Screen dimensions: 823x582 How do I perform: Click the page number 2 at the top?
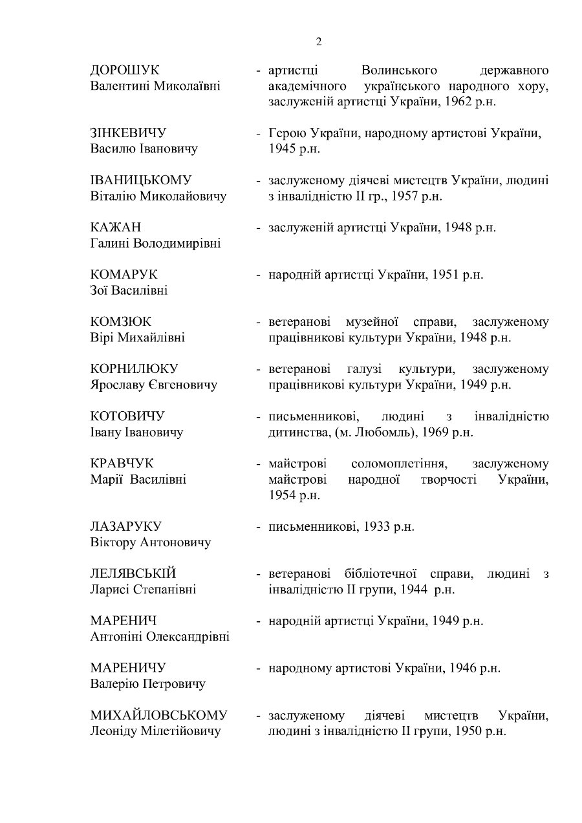(x=318, y=43)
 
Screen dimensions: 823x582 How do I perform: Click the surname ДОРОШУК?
(x=125, y=70)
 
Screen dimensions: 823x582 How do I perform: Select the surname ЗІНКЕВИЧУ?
(x=128, y=133)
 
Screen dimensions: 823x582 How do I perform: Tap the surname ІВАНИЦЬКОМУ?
(x=141, y=180)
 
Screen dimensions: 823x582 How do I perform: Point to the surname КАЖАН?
(x=116, y=228)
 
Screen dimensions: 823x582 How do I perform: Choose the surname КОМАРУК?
(x=124, y=275)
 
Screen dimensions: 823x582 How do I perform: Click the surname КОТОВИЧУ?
(x=127, y=416)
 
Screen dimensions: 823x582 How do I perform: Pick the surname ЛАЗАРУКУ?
(x=125, y=526)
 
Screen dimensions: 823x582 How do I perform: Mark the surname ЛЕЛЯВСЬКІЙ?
(x=133, y=573)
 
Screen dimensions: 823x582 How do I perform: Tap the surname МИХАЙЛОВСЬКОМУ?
(x=159, y=715)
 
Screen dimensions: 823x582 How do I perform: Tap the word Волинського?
(x=400, y=70)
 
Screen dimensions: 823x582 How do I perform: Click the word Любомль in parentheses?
(x=384, y=432)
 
